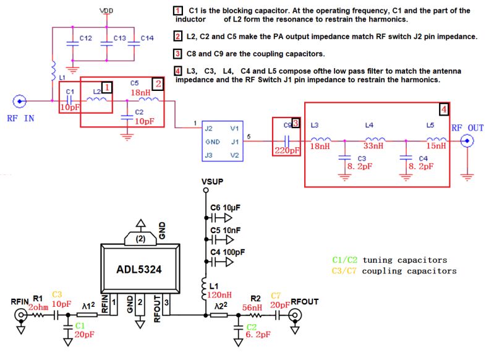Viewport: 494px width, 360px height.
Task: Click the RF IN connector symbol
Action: coord(20,100)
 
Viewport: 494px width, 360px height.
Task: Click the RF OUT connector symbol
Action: coord(469,142)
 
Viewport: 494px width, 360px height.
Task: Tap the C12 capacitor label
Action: coord(86,38)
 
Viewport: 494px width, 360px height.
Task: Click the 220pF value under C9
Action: coord(287,149)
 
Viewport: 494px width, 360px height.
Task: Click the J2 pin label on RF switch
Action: coord(209,129)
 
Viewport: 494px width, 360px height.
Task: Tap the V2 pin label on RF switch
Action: coord(234,154)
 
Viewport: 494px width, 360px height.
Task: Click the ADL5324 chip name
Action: coord(139,270)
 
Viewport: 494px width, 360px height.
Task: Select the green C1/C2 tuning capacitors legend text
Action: coord(389,260)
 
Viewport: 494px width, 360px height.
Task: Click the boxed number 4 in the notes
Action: coord(178,71)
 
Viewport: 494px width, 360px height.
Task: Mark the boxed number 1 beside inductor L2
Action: coord(106,87)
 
